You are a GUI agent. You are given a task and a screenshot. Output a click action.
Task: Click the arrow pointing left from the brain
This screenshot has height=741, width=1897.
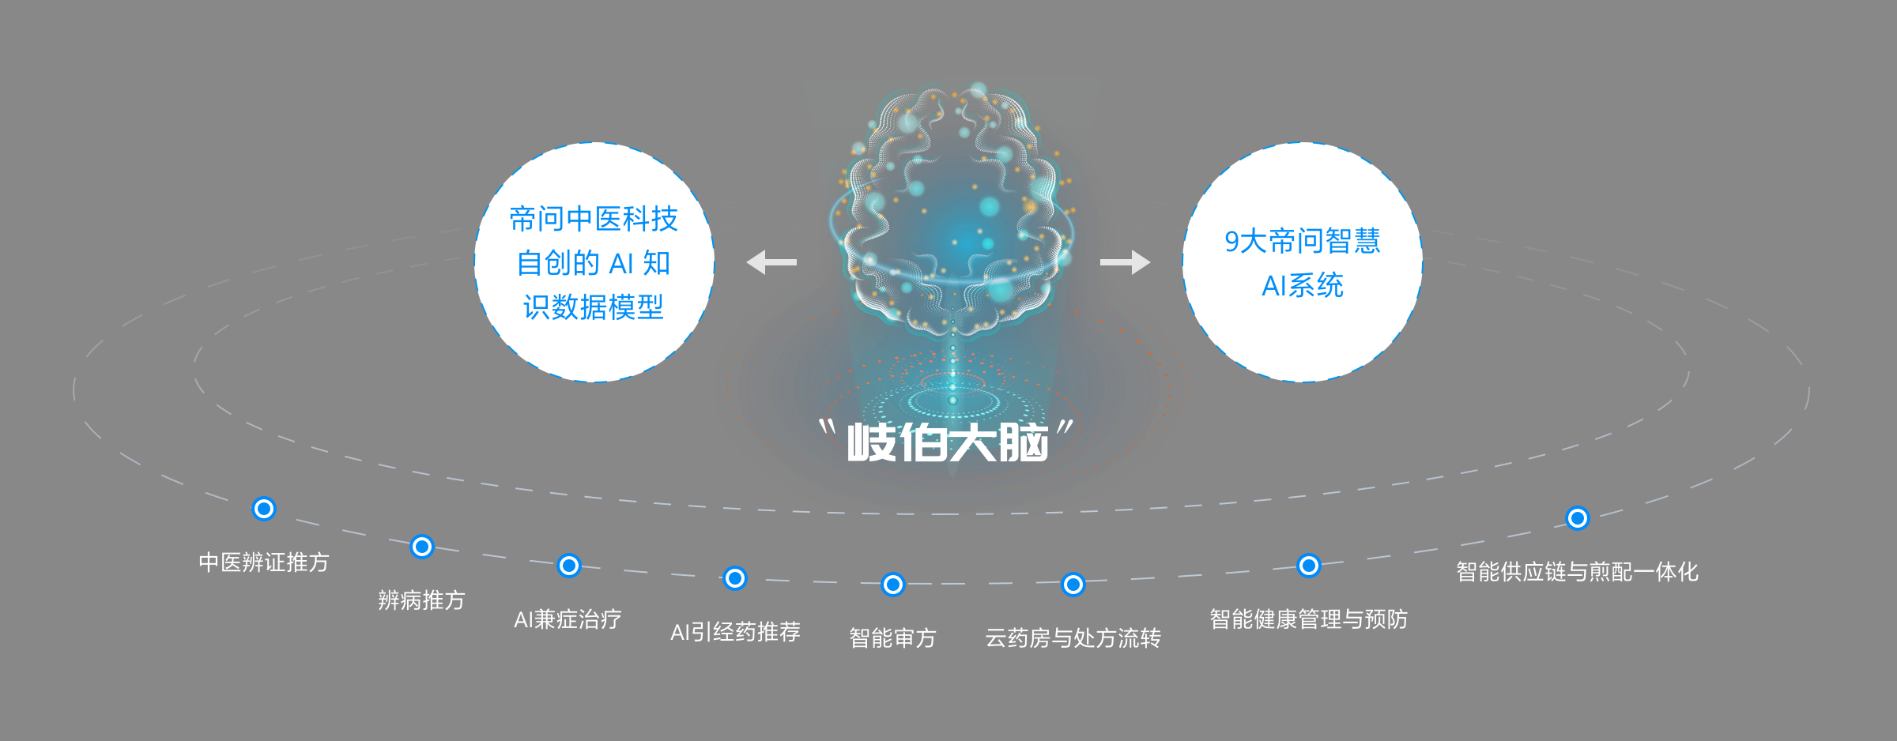(x=771, y=261)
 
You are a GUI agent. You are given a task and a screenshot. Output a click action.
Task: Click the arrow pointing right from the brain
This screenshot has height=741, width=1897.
(x=1125, y=261)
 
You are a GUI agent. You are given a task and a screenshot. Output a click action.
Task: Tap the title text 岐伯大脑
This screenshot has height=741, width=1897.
(x=948, y=442)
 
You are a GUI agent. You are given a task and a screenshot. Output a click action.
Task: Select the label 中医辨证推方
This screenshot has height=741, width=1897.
(x=263, y=562)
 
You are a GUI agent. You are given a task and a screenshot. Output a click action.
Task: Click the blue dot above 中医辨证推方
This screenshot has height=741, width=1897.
(x=263, y=509)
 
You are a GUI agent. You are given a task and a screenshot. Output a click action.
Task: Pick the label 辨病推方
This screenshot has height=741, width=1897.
(x=421, y=600)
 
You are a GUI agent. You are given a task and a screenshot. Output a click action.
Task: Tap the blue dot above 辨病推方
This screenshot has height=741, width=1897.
(x=422, y=547)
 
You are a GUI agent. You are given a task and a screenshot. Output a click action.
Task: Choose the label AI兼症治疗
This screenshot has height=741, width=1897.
(x=568, y=619)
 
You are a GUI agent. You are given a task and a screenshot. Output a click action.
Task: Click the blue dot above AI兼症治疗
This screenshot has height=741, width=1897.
(x=569, y=566)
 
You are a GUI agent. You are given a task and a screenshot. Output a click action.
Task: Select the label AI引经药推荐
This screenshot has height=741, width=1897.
(x=735, y=632)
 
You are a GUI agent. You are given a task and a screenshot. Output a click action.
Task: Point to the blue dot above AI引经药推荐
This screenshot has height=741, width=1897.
(x=735, y=578)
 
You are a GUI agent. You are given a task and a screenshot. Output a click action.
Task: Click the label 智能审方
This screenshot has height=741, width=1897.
(x=892, y=638)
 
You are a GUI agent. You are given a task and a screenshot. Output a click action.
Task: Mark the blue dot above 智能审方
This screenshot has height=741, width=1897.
(x=893, y=585)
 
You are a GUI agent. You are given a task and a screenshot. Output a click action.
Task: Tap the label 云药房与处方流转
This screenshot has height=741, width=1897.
(x=1073, y=638)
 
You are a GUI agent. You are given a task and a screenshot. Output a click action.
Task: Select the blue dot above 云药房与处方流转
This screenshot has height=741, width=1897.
(x=1073, y=585)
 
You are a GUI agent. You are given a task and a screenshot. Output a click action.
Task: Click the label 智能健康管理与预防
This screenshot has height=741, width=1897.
(x=1308, y=619)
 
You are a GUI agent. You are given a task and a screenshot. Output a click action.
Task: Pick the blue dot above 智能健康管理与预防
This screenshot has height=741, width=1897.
(x=1309, y=566)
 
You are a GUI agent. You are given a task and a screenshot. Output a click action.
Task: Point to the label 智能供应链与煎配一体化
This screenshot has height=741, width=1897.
(x=1577, y=572)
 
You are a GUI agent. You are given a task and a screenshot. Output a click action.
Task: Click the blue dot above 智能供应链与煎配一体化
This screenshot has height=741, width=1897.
(x=1578, y=518)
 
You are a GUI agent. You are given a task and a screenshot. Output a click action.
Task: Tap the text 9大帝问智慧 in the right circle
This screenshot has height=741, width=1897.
(x=1303, y=241)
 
